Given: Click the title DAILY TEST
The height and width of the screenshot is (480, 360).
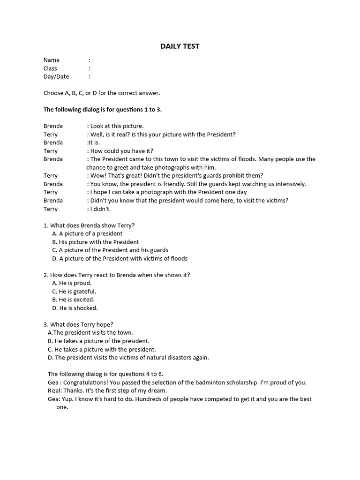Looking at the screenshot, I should click(x=180, y=46).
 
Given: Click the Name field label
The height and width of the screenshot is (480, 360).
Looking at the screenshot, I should click(x=52, y=60).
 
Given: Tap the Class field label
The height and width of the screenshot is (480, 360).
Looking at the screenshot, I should click(x=50, y=68).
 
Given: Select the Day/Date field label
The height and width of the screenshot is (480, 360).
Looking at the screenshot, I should click(x=56, y=76).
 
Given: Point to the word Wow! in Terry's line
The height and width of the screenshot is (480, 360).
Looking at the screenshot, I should click(x=98, y=176).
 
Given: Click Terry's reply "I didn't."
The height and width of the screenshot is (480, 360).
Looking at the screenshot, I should click(x=100, y=209).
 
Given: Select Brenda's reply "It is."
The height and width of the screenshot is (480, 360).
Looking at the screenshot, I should click(x=94, y=142).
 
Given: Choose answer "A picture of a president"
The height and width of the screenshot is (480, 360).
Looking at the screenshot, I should click(x=90, y=233).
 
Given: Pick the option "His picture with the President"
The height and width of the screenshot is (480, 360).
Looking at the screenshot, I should click(x=98, y=242).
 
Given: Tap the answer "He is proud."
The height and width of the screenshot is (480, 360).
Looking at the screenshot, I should click(x=75, y=283).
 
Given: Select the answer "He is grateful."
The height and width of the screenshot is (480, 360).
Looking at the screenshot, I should click(x=77, y=292).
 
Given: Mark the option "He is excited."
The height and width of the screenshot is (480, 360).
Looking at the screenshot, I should click(x=76, y=300).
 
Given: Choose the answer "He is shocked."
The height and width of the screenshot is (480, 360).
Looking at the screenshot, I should click(x=78, y=308).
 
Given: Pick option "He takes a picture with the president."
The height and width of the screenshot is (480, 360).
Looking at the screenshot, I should click(x=105, y=349).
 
